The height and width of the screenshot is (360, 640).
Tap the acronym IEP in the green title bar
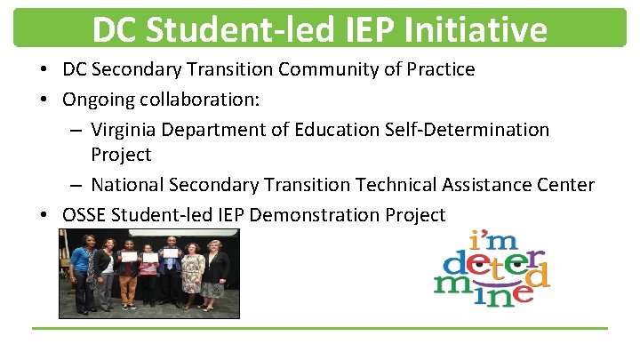point(367,30)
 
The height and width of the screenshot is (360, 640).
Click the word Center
point(564,185)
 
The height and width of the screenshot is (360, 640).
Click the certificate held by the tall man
point(171,257)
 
